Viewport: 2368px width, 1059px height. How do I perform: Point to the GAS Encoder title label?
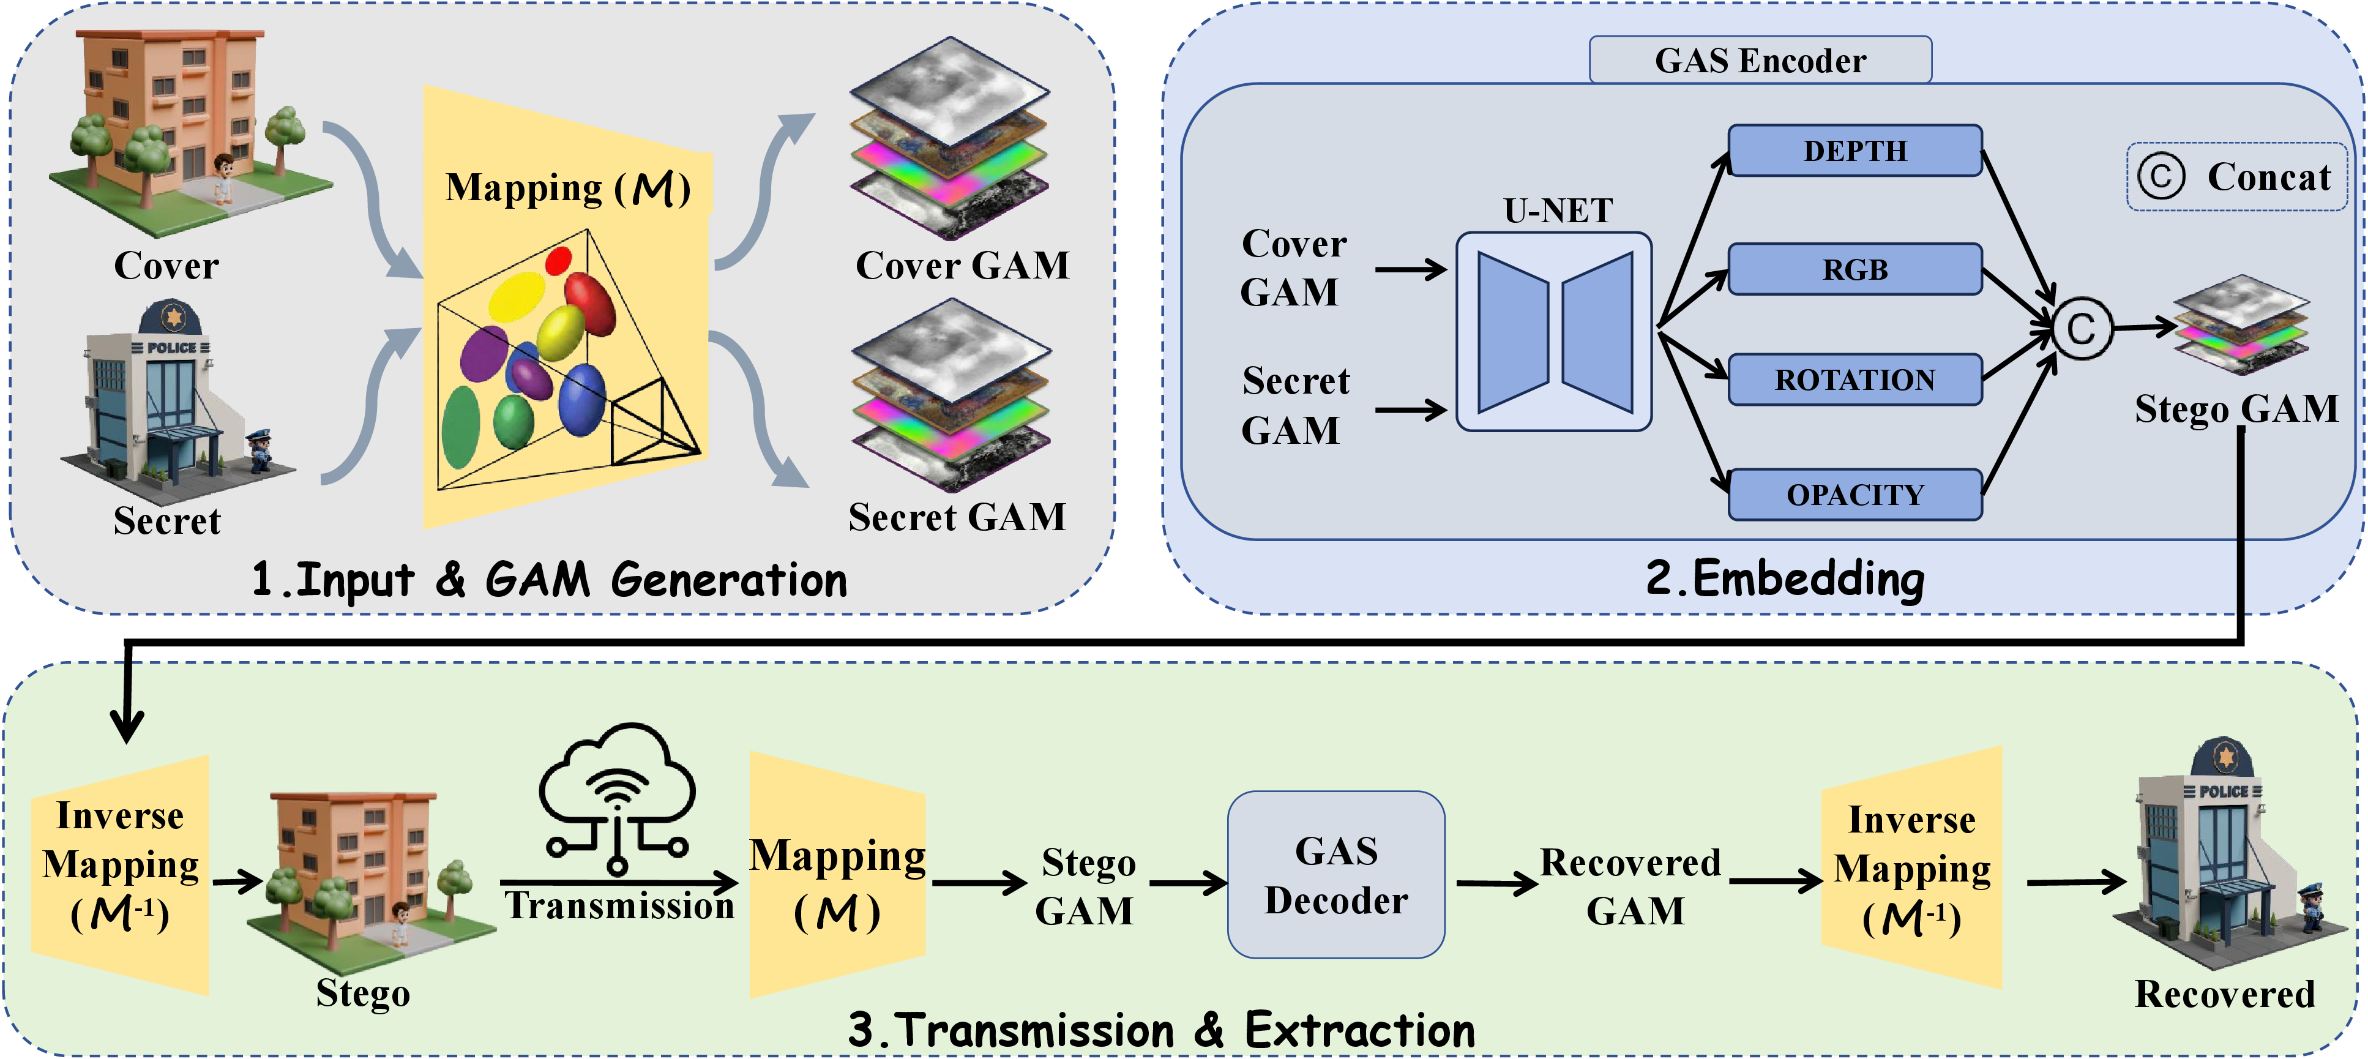(1760, 60)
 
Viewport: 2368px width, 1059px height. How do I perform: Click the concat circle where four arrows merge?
(2081, 328)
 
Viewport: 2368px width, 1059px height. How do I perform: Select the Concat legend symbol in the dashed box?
(2161, 176)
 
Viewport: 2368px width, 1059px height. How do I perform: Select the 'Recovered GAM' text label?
(1630, 886)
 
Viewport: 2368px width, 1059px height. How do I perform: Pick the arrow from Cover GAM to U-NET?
(1411, 269)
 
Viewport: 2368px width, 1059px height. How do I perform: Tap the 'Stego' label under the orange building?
(363, 994)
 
